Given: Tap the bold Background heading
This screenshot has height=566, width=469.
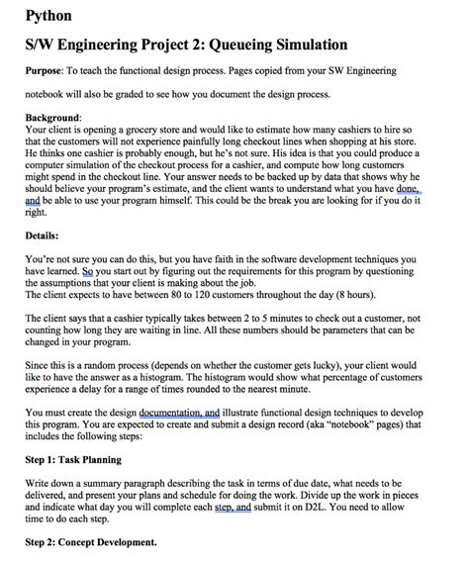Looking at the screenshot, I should click(51, 117).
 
